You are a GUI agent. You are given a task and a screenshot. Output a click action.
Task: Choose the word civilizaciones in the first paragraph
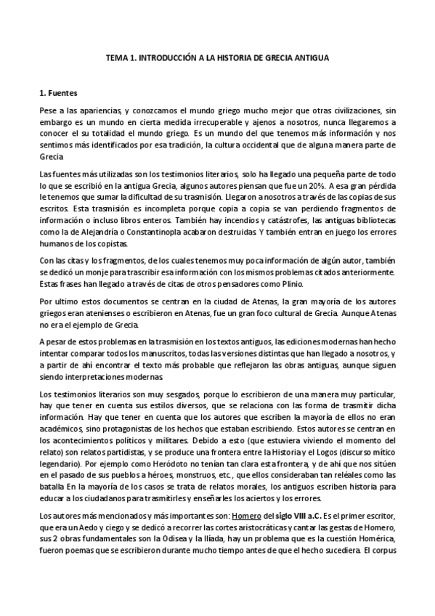pos(356,110)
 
